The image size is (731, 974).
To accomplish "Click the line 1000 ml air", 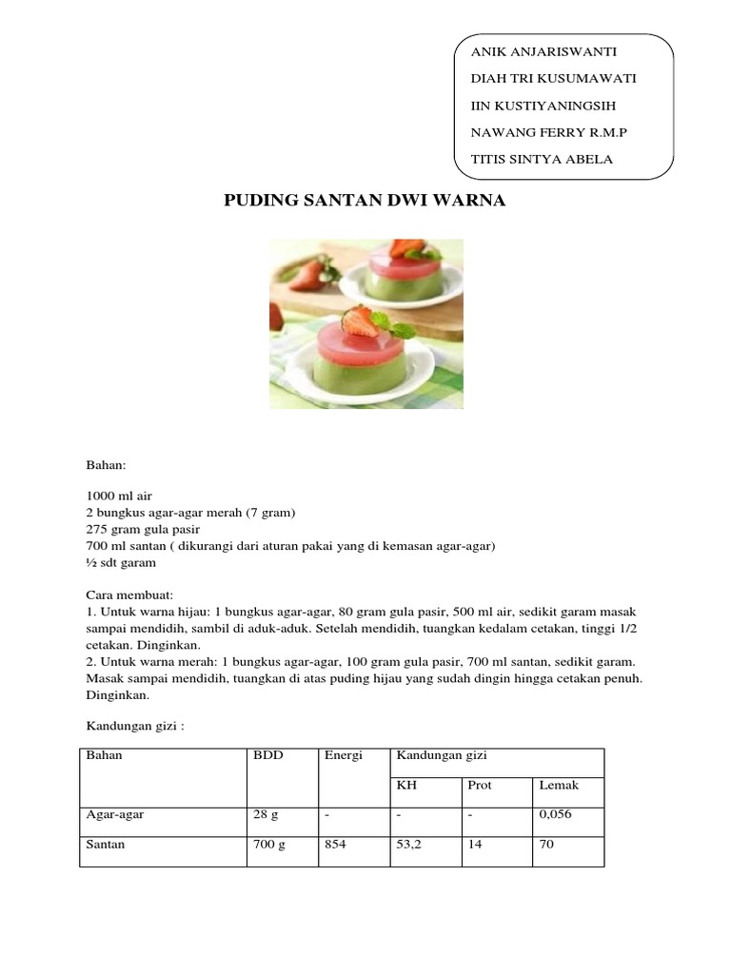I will [119, 497].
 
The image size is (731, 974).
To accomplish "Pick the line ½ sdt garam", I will [121, 562].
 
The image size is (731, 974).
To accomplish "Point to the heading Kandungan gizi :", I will [134, 726].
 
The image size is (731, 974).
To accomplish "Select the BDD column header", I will [267, 755].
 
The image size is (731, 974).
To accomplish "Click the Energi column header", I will [343, 755].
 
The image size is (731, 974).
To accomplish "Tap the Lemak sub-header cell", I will [559, 786].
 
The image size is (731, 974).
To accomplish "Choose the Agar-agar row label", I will [115, 815].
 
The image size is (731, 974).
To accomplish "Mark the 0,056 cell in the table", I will [555, 815].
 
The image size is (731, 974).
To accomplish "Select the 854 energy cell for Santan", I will [336, 845].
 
